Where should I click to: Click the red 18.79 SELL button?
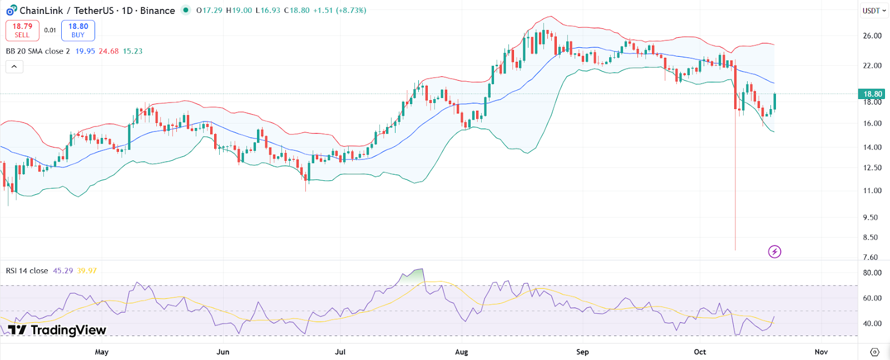click(22, 31)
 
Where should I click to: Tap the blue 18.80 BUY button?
click(78, 31)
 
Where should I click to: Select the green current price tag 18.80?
click(872, 94)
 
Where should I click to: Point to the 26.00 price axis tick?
click(872, 36)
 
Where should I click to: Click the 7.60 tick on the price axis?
click(871, 257)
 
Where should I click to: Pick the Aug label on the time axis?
click(461, 352)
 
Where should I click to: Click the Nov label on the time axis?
click(821, 352)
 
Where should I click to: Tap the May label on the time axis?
click(102, 352)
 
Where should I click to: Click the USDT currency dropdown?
click(874, 11)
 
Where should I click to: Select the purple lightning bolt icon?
click(774, 252)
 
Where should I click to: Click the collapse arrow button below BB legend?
click(14, 67)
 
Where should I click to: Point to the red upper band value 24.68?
click(108, 51)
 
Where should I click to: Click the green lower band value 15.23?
click(132, 51)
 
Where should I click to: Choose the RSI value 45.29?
click(63, 271)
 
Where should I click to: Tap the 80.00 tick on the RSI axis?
click(872, 273)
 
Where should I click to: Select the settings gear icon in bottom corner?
click(874, 352)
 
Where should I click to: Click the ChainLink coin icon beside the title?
click(11, 11)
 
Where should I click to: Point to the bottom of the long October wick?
click(735, 249)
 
